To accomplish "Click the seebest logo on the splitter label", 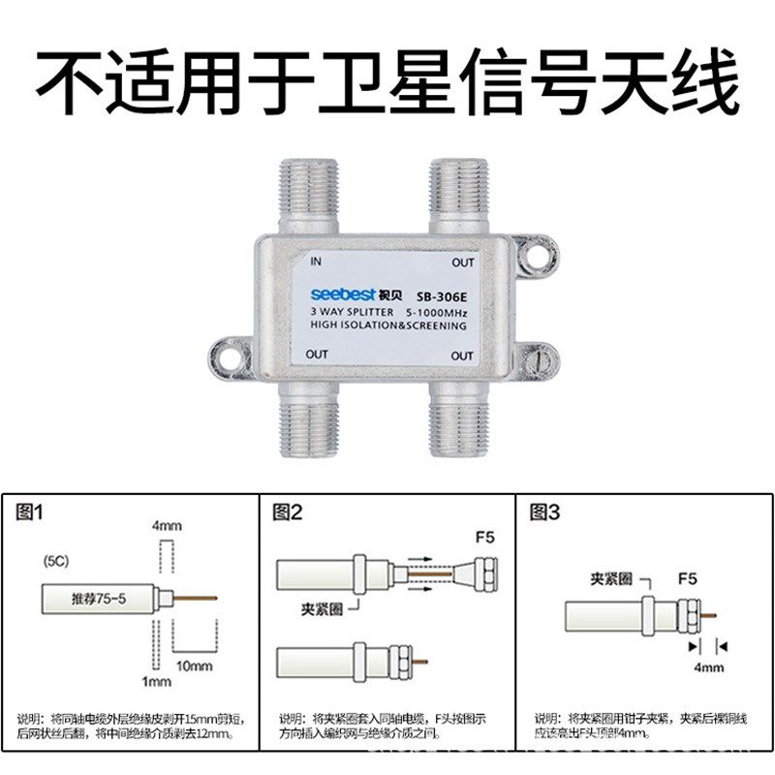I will (339, 294).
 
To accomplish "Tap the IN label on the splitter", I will (316, 262).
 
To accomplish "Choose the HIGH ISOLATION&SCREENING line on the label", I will (387, 326).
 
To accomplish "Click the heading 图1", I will (31, 514).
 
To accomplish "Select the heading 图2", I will (288, 514).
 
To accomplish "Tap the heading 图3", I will (545, 514).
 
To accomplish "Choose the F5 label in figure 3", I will (687, 579).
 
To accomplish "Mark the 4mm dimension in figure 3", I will (704, 667).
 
